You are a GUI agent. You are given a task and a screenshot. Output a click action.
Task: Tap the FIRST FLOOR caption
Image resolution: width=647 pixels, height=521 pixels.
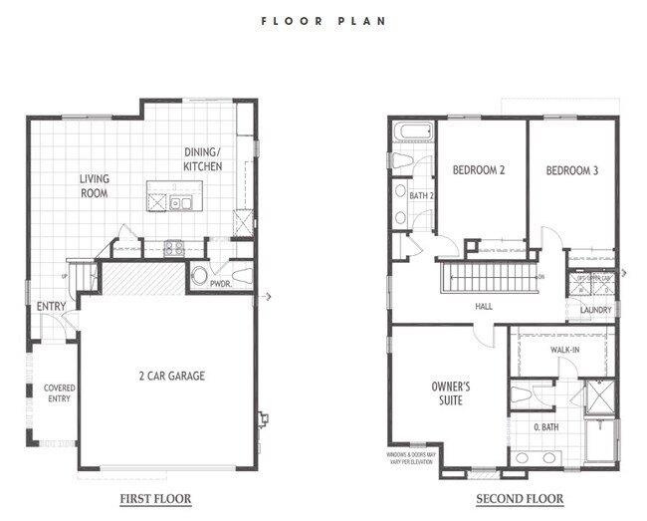point(155,498)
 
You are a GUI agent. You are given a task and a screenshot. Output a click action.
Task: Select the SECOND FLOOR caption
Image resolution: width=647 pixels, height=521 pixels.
point(519,498)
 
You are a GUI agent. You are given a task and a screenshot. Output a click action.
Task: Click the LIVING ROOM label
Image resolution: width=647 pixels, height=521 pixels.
point(95,186)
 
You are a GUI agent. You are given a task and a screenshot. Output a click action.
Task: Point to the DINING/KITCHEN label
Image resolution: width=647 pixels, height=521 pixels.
point(203,159)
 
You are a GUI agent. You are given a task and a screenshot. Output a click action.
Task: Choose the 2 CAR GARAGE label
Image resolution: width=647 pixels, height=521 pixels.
point(171,376)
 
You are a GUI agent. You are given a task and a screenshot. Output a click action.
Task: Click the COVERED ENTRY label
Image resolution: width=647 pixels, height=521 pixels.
point(59,393)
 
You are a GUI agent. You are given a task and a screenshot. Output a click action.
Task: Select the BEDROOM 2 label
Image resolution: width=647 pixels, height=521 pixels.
point(479,170)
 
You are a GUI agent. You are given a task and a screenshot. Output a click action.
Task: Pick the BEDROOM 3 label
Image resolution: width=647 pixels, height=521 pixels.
point(572,170)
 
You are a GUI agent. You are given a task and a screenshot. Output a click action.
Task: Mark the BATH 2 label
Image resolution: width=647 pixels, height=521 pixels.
point(422,195)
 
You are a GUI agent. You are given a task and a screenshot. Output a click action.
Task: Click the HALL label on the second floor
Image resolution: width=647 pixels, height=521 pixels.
point(484,307)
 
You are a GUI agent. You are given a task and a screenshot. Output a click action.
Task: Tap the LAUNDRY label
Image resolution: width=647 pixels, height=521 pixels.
point(595,310)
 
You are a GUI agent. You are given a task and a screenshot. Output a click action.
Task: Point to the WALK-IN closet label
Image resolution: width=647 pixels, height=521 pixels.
point(565,350)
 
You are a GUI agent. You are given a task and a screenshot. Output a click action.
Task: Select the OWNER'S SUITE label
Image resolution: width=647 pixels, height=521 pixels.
point(450,392)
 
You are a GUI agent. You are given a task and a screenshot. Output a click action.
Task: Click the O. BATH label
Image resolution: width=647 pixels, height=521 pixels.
point(546,429)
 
